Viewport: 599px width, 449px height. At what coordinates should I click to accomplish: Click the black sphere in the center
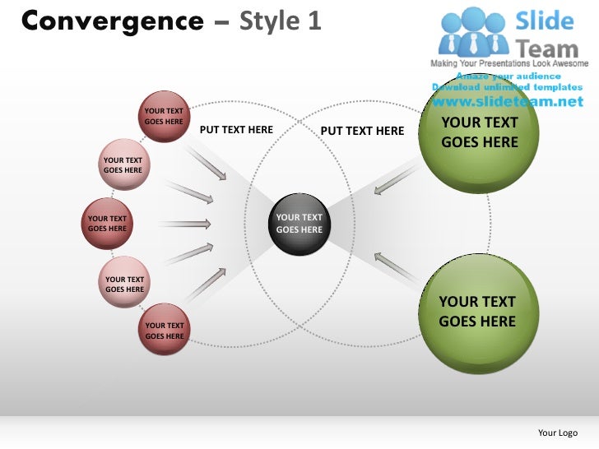[x=299, y=223]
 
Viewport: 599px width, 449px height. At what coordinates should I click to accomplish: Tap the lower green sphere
[x=477, y=312]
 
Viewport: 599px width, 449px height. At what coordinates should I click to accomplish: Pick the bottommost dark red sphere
[x=165, y=330]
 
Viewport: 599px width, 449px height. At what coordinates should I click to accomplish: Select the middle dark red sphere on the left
[x=108, y=223]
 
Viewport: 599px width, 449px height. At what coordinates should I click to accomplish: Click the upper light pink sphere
[x=123, y=165]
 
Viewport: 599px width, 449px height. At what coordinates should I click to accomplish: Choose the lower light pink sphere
[x=124, y=284]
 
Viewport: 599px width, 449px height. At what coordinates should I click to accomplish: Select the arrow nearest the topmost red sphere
[x=207, y=161]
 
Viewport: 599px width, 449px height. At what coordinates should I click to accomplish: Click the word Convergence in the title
[x=112, y=21]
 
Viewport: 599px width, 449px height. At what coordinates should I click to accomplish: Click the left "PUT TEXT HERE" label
[x=236, y=130]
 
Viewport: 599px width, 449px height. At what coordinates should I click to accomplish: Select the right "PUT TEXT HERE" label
[x=362, y=131]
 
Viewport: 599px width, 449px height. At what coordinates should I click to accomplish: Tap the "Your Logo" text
[x=557, y=433]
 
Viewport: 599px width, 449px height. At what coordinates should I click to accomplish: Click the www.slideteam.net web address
[x=506, y=102]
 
